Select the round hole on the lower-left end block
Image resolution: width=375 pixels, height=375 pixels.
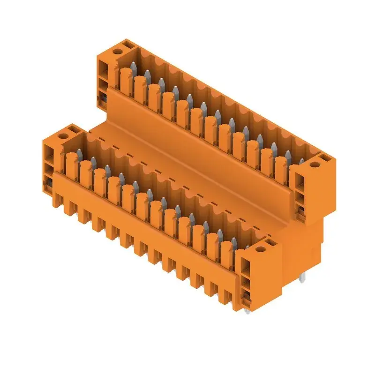63,136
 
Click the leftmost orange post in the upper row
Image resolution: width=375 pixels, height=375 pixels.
125,80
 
